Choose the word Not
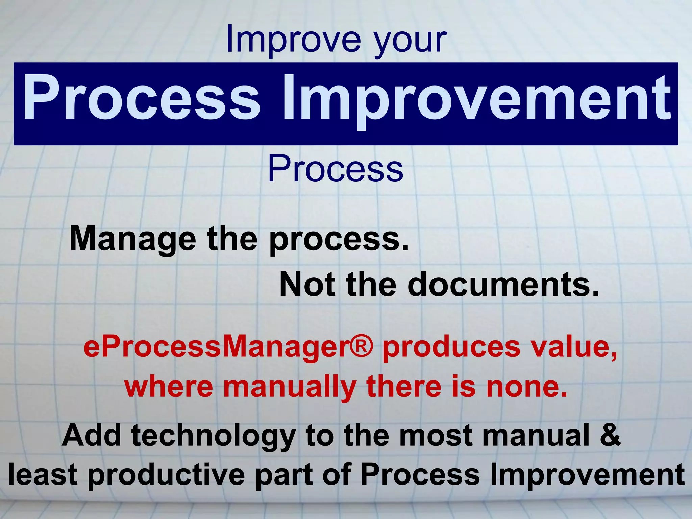[307, 285]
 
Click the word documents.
[503, 285]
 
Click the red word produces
[451, 348]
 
